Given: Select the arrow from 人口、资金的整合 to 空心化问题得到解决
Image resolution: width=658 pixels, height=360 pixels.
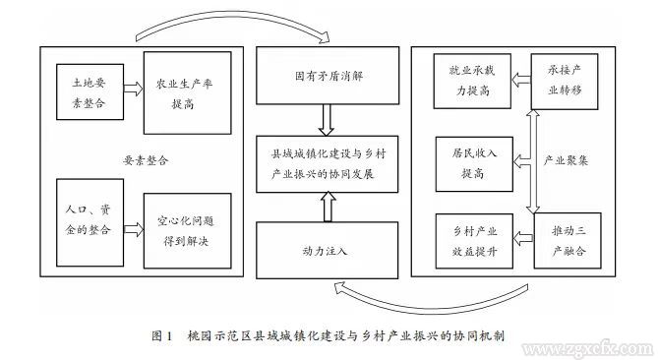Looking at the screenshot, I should tap(128, 228).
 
